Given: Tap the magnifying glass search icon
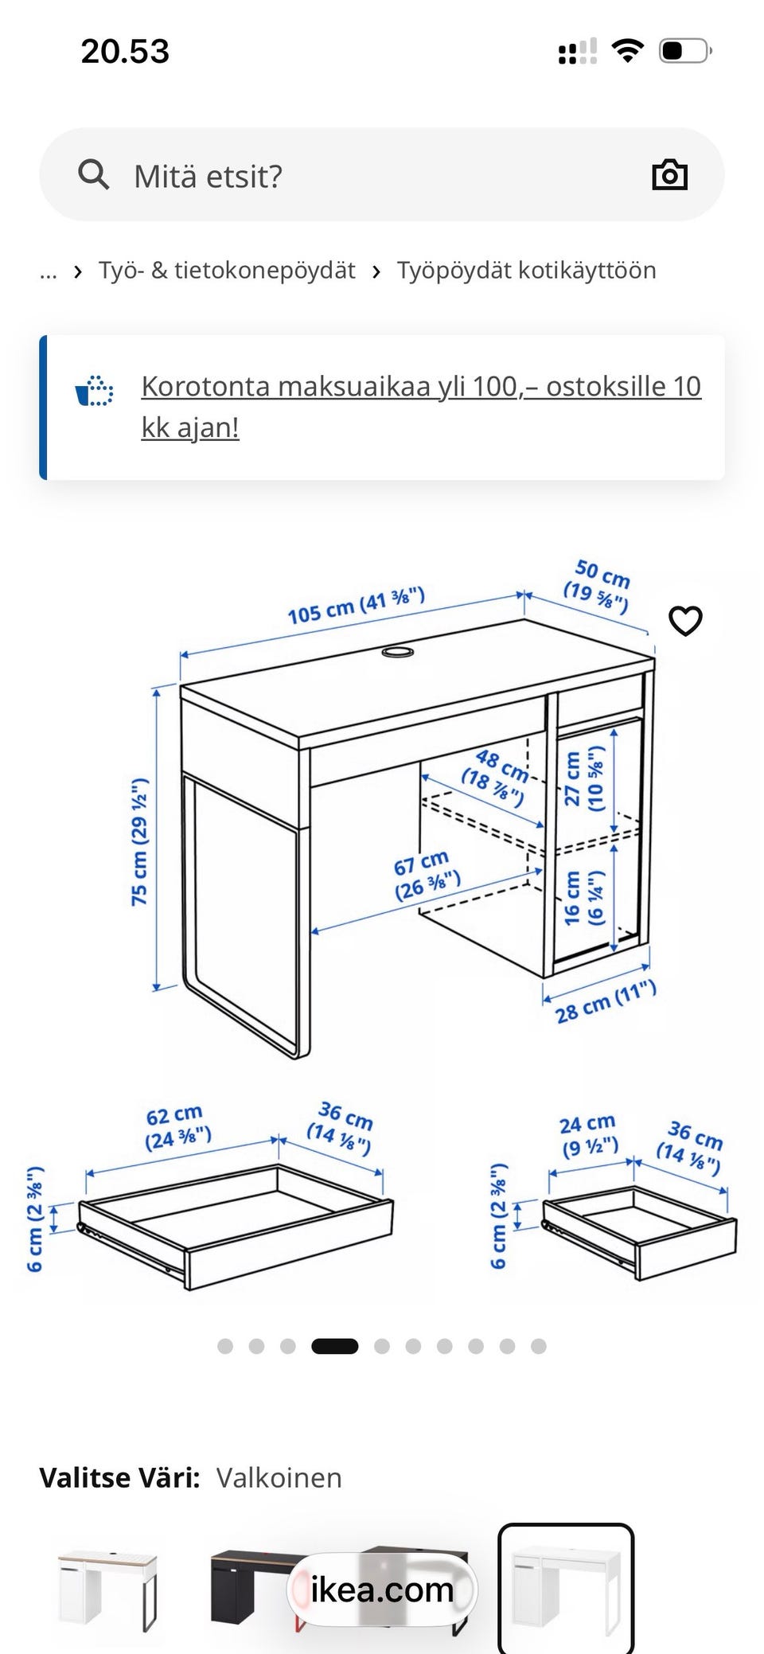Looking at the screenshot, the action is click(93, 174).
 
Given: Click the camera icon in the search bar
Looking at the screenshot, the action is click(669, 174).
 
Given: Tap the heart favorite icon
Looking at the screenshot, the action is click(685, 621).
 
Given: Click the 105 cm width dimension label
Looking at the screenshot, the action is click(356, 606).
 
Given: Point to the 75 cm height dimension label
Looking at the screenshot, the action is click(139, 841).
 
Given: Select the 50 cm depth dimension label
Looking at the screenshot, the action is click(598, 586).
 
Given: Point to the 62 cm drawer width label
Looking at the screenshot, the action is click(177, 1126).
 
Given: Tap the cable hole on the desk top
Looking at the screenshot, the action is click(398, 653).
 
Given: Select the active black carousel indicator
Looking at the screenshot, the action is click(334, 1346).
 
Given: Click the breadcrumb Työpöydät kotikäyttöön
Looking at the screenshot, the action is click(527, 271).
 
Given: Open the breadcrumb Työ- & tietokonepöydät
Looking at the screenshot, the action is click(227, 271).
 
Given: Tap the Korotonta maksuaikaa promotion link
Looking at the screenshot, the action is click(421, 407).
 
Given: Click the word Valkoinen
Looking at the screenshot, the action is click(279, 1478).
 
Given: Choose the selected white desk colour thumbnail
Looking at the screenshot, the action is click(566, 1588).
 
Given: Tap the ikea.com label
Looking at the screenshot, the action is click(382, 1589).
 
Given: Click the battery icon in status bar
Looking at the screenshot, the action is click(685, 52).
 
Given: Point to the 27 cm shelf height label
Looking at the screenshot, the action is click(583, 778).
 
